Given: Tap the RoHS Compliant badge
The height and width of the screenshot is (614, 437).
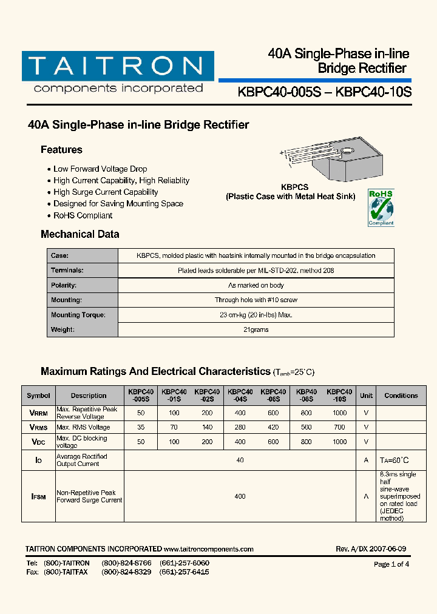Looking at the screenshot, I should pyautogui.click(x=381, y=207).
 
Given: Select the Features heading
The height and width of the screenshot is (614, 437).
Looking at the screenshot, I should pyautogui.click(x=61, y=150).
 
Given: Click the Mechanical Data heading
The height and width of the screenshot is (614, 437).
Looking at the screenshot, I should pyautogui.click(x=80, y=234).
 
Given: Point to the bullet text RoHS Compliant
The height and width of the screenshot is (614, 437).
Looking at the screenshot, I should pyautogui.click(x=83, y=215).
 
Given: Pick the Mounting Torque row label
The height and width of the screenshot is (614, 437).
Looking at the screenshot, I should pyautogui.click(x=78, y=315).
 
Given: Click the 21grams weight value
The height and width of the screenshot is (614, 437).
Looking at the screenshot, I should pyautogui.click(x=256, y=330).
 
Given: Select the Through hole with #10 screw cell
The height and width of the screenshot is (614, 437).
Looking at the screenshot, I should pyautogui.click(x=256, y=300).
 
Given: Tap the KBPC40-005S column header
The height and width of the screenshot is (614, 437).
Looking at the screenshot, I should pyautogui.click(x=141, y=396).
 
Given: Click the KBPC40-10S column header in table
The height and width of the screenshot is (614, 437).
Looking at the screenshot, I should pyautogui.click(x=339, y=396).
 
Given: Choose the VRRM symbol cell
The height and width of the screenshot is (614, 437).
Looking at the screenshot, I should pyautogui.click(x=38, y=413).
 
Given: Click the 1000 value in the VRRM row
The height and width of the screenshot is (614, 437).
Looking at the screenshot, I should pyautogui.click(x=339, y=413).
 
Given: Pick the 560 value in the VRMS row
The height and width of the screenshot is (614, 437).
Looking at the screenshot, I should pyautogui.click(x=306, y=427).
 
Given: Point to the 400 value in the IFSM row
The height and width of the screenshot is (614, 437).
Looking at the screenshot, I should pyautogui.click(x=240, y=496).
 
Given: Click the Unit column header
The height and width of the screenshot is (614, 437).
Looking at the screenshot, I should pyautogui.click(x=366, y=396).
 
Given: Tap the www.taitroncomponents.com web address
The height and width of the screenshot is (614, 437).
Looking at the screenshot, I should pyautogui.click(x=208, y=549).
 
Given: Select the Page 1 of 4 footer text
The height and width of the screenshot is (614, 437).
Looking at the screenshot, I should pyautogui.click(x=391, y=564).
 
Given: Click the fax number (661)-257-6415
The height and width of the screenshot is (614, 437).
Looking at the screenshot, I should pyautogui.click(x=185, y=572).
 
